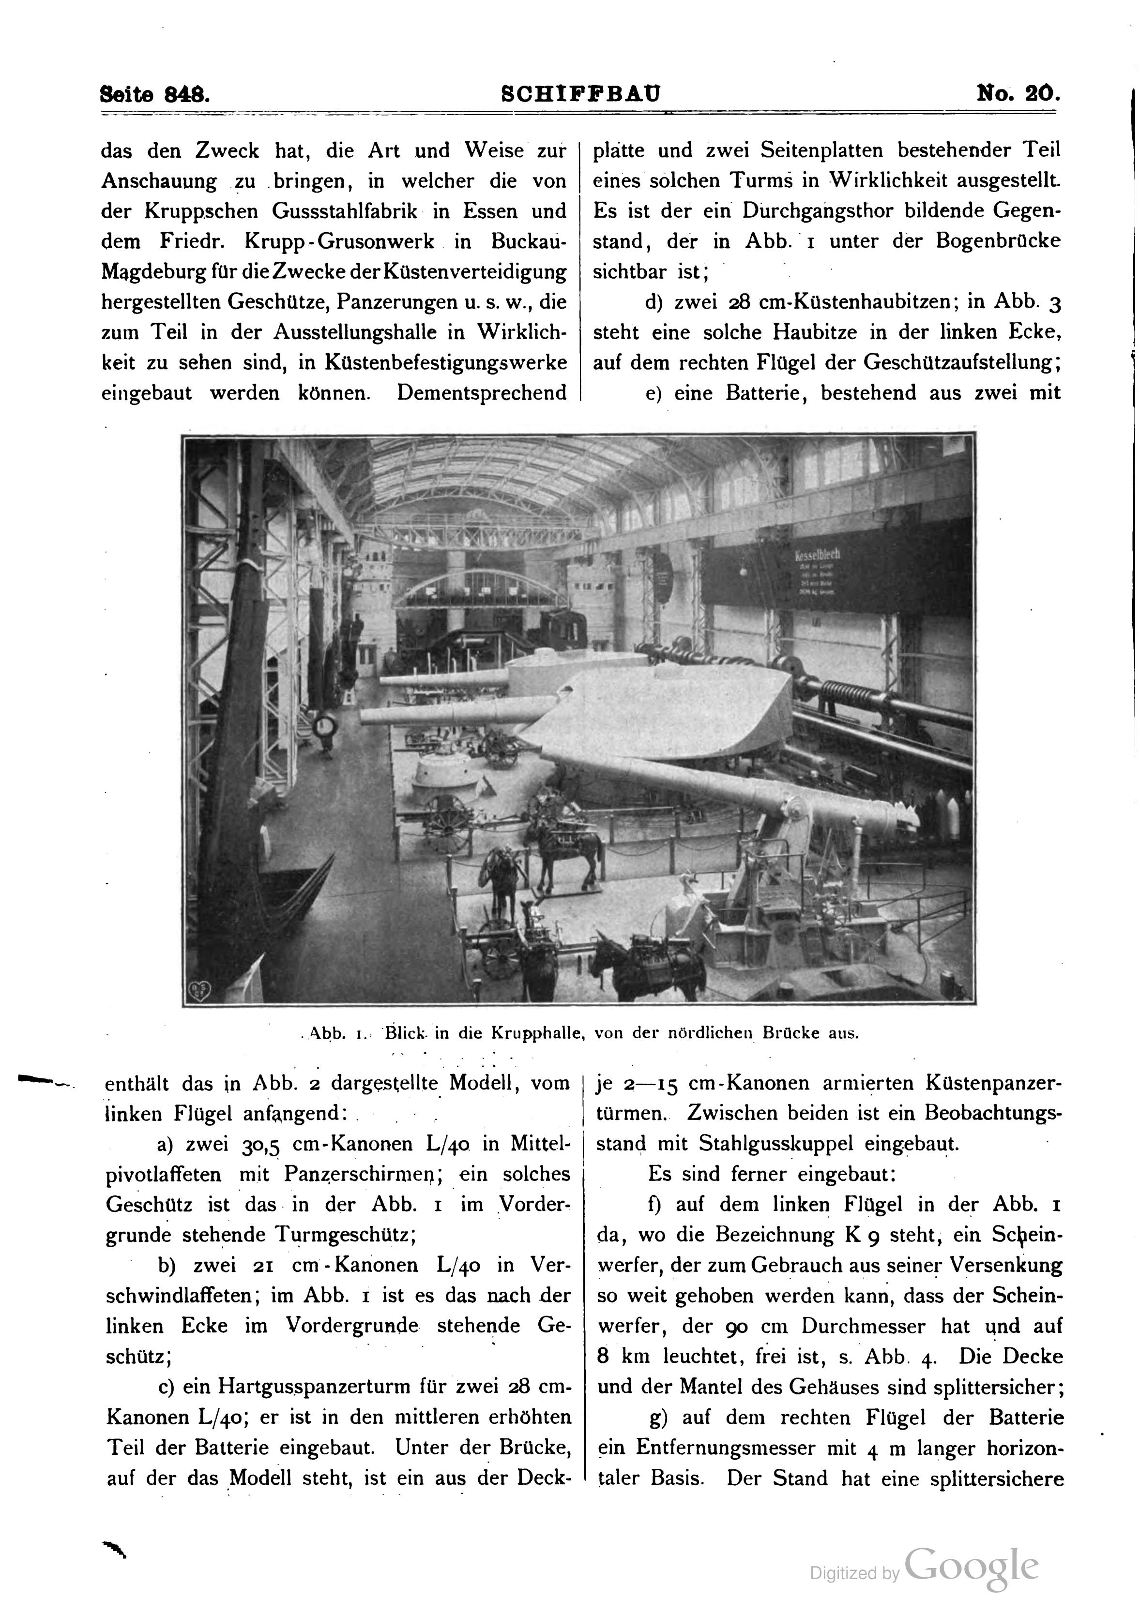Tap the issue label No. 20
[1018, 93]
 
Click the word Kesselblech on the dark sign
[818, 555]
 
